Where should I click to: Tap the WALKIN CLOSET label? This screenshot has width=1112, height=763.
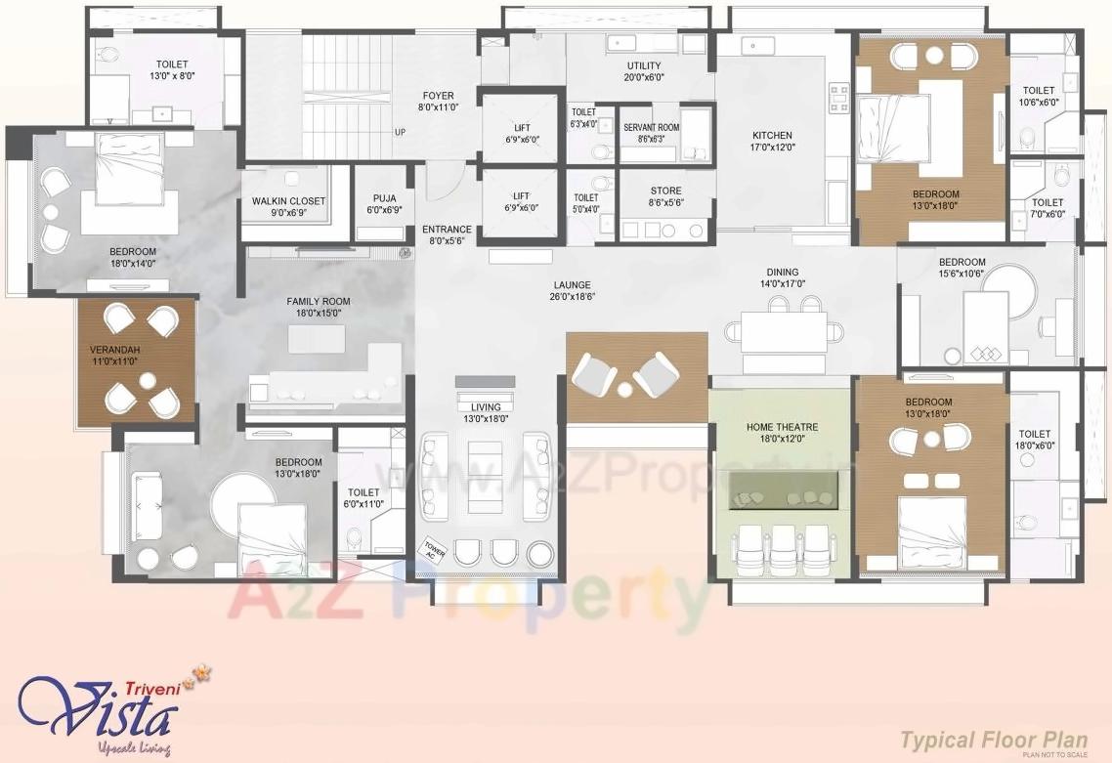288,201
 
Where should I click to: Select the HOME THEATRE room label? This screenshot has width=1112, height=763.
782,427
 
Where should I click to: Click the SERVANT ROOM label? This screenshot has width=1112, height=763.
651,128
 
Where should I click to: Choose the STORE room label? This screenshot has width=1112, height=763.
665,191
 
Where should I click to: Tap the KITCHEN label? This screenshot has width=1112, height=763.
772,136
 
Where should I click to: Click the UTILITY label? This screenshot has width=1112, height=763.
644,65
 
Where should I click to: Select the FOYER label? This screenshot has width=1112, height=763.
439,96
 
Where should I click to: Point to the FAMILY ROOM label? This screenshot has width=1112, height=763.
318,302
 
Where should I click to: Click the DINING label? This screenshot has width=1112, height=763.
782,273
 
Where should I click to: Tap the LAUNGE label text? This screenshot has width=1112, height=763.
572,285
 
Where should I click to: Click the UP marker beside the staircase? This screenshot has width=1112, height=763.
400,132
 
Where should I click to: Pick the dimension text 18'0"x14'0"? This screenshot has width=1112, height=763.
133,263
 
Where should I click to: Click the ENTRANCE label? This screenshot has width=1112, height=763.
447,231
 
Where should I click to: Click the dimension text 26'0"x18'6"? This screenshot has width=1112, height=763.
572,297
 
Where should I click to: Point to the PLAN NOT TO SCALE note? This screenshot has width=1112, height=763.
1053,754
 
